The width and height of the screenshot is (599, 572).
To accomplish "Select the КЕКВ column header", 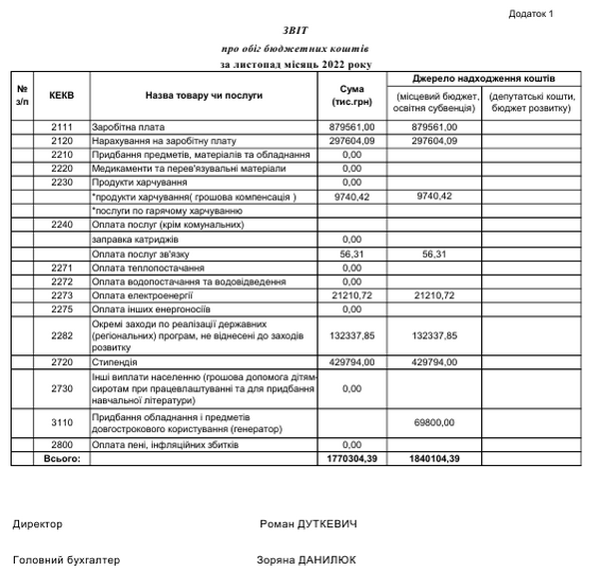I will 62,96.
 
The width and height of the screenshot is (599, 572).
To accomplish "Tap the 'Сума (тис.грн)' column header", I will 350,96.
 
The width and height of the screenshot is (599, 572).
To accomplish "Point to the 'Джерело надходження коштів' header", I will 484,78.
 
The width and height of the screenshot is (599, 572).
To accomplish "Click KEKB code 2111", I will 62,128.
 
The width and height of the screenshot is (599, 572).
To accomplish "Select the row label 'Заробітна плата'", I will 128,128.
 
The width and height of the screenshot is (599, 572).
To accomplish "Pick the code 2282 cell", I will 62,337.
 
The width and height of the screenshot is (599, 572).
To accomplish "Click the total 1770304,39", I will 350,458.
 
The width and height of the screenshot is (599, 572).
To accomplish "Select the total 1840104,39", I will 433,458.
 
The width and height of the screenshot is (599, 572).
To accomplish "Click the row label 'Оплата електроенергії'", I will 141,296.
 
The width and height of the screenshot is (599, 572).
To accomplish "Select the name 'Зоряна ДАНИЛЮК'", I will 305,560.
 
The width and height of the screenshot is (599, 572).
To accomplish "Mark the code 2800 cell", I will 62,444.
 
